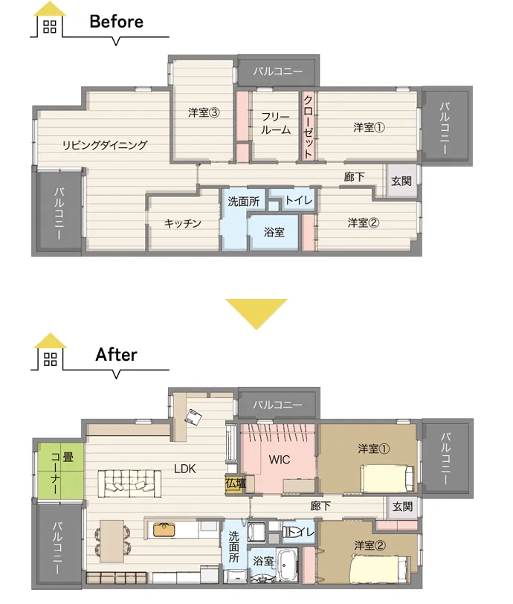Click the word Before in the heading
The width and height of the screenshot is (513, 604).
click(x=116, y=22)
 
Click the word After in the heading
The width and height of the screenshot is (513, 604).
click(x=116, y=355)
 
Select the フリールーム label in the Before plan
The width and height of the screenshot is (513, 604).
click(x=276, y=123)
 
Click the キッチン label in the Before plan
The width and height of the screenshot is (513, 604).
click(x=183, y=223)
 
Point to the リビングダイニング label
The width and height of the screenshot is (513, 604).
click(x=105, y=145)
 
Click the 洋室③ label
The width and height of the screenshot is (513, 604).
click(x=204, y=112)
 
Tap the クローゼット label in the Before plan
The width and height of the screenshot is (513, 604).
click(x=308, y=126)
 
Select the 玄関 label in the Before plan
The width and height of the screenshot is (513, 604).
click(x=401, y=181)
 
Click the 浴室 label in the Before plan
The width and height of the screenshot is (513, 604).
click(x=274, y=232)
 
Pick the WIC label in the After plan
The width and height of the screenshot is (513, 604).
click(x=280, y=460)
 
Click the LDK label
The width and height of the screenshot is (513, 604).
click(x=185, y=469)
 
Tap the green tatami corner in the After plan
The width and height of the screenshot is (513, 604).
click(x=61, y=471)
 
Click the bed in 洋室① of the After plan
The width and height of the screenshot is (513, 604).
click(x=387, y=478)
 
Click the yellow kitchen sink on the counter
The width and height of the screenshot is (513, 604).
click(x=164, y=530)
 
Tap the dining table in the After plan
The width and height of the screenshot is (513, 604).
click(x=112, y=542)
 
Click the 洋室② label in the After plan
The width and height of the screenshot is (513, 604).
click(x=370, y=545)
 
